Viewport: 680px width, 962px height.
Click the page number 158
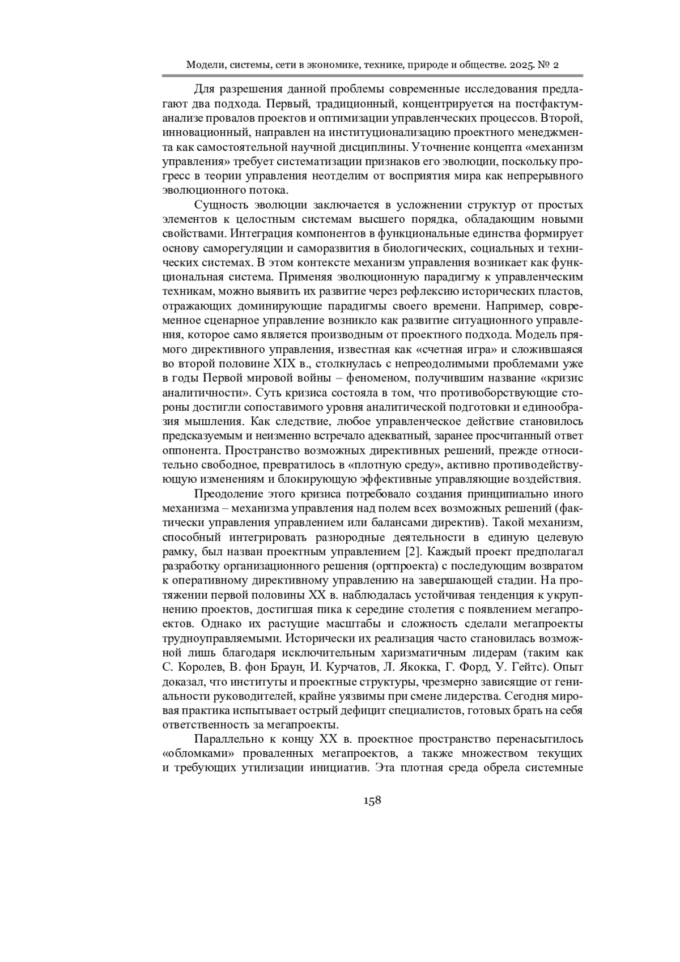372,800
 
